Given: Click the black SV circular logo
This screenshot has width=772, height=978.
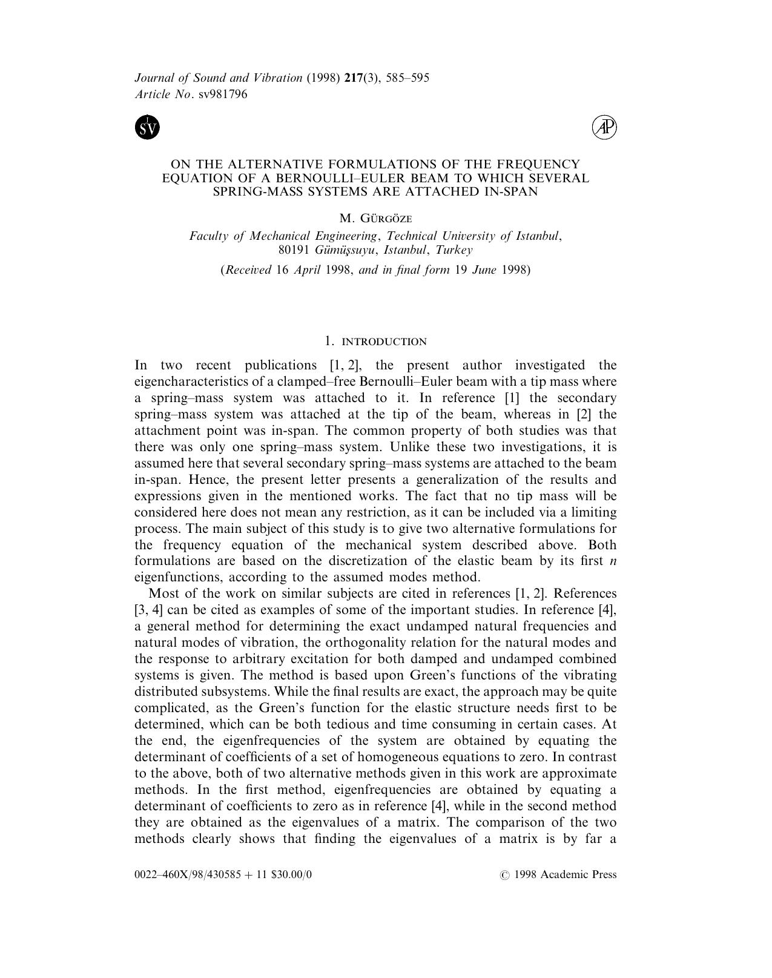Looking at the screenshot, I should [147, 127].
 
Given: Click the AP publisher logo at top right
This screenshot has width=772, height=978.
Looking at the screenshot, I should [604, 127].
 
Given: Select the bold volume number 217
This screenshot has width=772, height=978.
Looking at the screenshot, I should [354, 78].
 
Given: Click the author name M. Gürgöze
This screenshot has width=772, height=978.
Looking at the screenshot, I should [375, 219].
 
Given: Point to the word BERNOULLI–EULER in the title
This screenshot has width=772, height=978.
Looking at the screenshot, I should [333, 178].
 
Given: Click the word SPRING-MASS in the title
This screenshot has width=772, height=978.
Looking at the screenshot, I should [249, 191].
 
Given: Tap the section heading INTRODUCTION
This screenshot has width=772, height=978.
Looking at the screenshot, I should [384, 342].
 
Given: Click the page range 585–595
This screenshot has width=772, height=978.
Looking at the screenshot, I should [410, 78].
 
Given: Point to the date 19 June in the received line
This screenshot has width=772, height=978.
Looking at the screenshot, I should [476, 270].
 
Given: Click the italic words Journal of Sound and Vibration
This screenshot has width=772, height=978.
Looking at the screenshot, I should [218, 78].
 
